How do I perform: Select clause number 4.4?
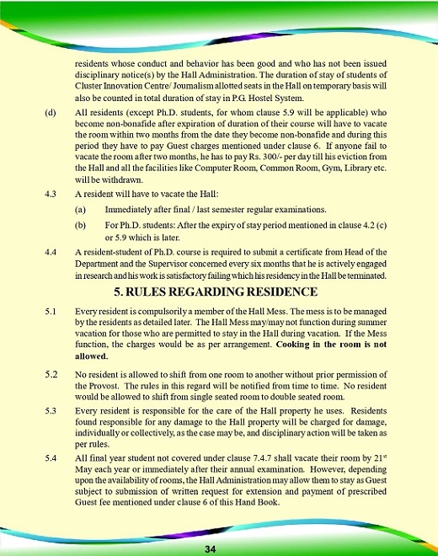50,251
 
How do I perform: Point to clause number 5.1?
50,312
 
